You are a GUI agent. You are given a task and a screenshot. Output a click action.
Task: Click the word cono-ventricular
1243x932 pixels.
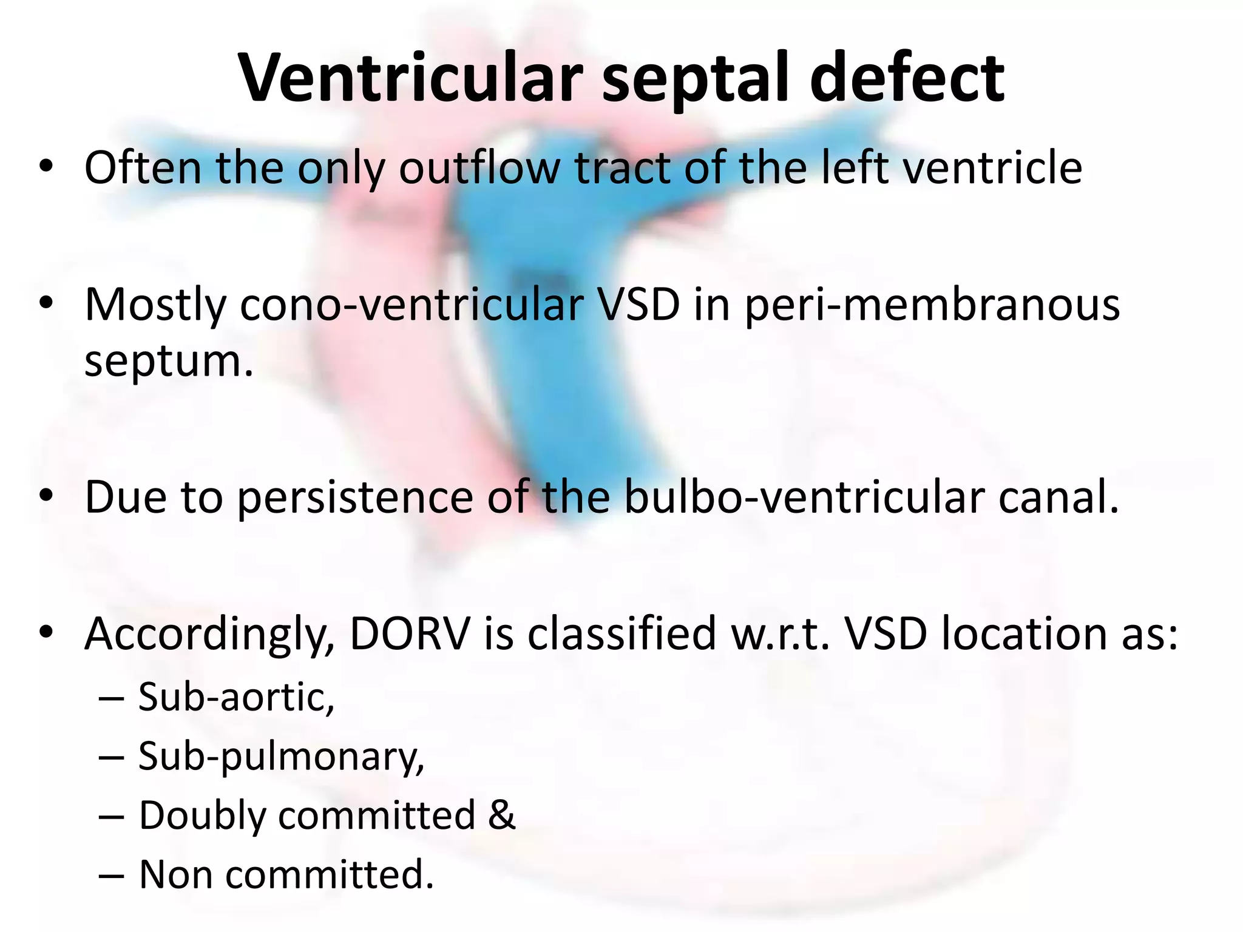pyautogui.click(x=412, y=305)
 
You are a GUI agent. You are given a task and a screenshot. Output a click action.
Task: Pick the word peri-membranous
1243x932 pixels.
pyautogui.click(x=932, y=306)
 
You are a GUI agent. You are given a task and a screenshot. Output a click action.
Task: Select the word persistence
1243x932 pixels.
pyautogui.click(x=354, y=498)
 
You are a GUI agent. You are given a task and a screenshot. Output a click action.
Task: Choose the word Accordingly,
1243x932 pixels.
pyautogui.click(x=209, y=635)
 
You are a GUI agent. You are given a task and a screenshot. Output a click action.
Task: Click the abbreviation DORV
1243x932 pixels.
pyautogui.click(x=410, y=635)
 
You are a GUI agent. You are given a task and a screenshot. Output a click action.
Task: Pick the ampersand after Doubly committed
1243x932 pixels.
pyautogui.click(x=501, y=815)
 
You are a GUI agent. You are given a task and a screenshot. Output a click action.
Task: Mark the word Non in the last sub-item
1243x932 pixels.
pyautogui.click(x=175, y=874)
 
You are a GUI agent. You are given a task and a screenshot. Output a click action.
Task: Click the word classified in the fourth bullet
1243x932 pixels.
pyautogui.click(x=621, y=635)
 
